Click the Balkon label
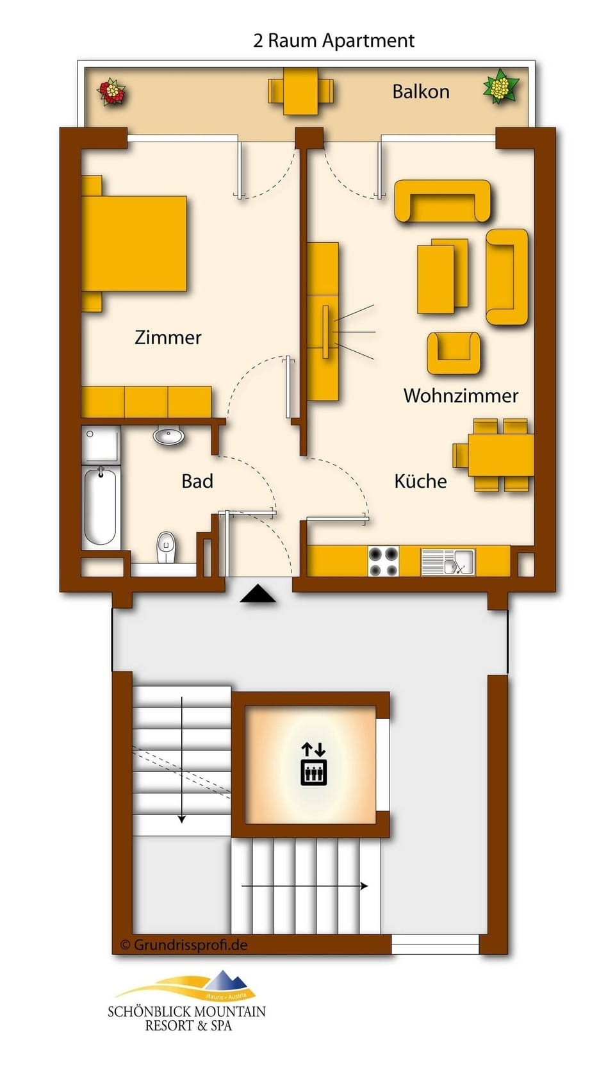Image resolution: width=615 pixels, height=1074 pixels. tap(420, 92)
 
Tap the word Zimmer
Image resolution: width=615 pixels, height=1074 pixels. tap(168, 337)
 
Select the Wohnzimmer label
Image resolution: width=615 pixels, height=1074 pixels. tap(461, 395)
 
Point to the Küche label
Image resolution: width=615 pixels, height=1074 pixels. tap(420, 481)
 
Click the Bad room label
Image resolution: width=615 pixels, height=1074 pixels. tap(197, 481)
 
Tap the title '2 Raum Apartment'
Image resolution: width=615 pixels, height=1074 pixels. tap(334, 40)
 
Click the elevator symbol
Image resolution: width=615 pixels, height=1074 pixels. tap(314, 764)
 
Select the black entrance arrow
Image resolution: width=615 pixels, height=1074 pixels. tap(258, 595)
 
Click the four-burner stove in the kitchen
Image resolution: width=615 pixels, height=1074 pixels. tap(384, 561)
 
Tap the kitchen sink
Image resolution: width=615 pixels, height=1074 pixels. tap(448, 562)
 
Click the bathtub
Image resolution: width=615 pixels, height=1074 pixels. tap(101, 506)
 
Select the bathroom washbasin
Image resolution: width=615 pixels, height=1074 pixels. tap(168, 436)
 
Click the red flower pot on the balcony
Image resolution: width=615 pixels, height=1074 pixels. tap(111, 92)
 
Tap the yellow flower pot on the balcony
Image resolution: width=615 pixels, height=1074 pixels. tap(500, 87)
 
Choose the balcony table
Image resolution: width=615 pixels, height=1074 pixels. tap(300, 91)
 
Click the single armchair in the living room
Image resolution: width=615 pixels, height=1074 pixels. tap(454, 352)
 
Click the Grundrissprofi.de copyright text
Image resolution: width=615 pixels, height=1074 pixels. tap(184, 945)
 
